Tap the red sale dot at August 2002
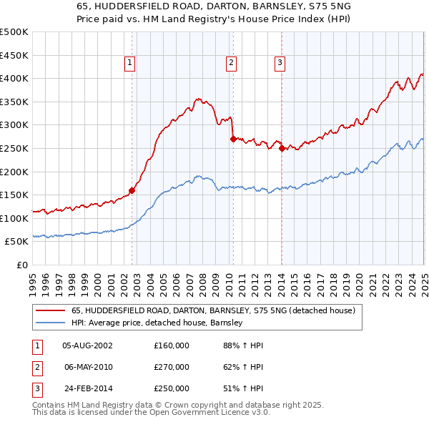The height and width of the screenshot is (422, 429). click(x=132, y=191)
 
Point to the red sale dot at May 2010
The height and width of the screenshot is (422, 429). click(x=233, y=139)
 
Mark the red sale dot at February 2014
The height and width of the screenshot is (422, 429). click(x=282, y=149)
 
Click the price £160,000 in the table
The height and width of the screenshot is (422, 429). click(x=172, y=345)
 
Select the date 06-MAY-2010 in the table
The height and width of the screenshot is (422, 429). click(x=88, y=368)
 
